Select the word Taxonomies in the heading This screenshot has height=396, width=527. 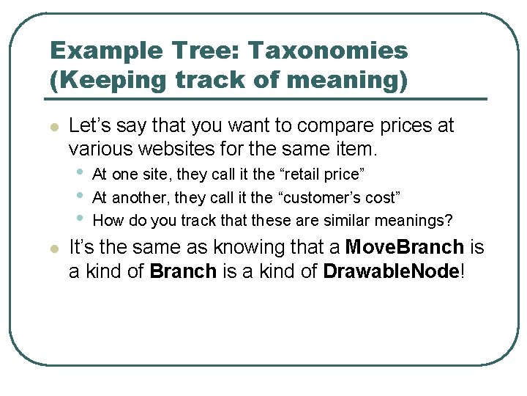(327, 51)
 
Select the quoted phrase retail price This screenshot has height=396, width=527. (320, 175)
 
